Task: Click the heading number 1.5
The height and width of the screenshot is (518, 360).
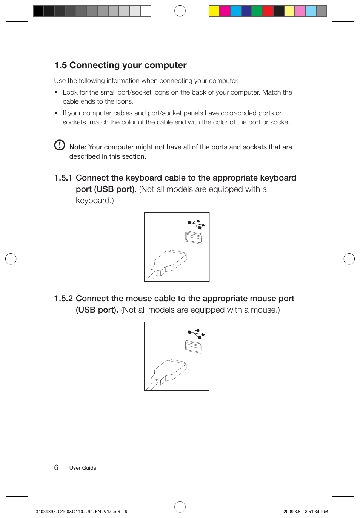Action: point(60,66)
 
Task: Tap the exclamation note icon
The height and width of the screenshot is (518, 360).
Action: point(60,145)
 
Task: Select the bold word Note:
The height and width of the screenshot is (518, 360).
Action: point(78,147)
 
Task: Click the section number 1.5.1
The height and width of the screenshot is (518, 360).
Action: point(63,178)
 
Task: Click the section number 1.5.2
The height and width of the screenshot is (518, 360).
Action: point(63,299)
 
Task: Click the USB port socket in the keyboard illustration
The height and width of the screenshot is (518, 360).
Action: point(194,238)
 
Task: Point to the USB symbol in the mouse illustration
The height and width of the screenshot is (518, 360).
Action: point(196,334)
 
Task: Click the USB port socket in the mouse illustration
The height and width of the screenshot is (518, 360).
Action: point(194,346)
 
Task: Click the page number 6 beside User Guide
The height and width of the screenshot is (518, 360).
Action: point(56,467)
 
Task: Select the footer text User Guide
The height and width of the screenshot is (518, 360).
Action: point(83,468)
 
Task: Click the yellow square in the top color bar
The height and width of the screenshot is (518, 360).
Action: point(214,11)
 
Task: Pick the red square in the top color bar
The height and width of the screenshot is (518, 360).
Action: point(268,11)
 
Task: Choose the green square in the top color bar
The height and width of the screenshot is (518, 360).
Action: point(257,11)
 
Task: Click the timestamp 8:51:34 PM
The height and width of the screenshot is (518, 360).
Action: point(316,512)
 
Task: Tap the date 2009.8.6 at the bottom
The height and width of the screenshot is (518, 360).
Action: point(292,512)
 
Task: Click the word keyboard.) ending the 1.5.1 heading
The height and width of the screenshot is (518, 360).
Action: point(95,201)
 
